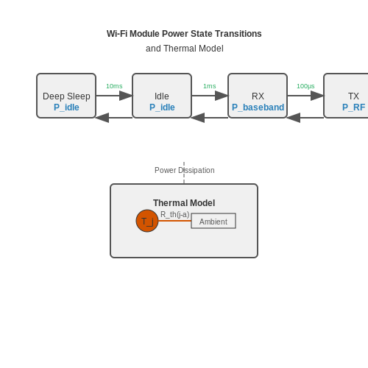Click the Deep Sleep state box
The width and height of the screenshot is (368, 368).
tap(66, 96)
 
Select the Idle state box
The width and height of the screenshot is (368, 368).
tap(162, 96)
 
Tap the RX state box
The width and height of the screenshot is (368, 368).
tap(258, 96)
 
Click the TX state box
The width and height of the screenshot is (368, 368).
tap(346, 96)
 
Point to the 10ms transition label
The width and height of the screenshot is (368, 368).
tap(114, 86)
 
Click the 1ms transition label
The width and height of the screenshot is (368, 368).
tap(210, 86)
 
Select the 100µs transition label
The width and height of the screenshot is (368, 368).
tap(305, 86)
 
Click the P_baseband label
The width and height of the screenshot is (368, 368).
tap(258, 107)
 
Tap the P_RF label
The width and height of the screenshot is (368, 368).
tap(353, 107)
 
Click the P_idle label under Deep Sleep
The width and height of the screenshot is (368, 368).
tap(66, 107)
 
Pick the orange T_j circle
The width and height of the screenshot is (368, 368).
tap(147, 221)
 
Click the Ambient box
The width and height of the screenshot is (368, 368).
tap(213, 221)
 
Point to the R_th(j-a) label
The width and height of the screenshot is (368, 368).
tap(175, 214)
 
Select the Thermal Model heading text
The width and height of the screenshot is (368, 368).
tap(184, 203)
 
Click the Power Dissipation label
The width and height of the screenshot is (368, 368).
tap(185, 170)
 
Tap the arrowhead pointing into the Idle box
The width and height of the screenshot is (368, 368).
tap(126, 96)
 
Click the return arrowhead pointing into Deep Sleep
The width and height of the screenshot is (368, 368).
tap(102, 118)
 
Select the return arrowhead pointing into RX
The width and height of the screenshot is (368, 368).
tap(294, 118)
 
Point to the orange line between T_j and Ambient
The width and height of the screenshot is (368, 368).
tap(174, 221)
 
